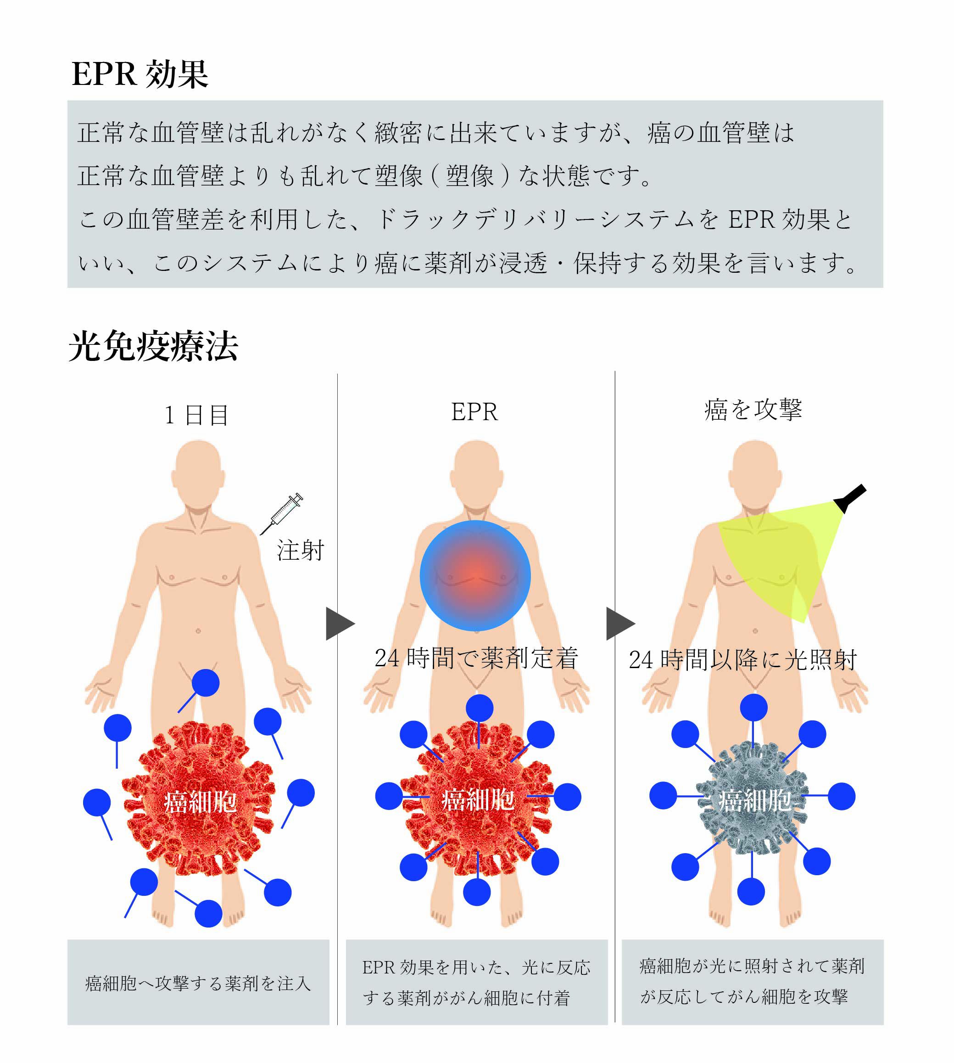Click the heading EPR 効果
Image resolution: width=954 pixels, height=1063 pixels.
click(x=139, y=74)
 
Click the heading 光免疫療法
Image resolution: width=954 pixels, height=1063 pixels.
click(x=153, y=347)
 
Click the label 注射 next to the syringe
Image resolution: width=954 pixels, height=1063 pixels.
click(x=301, y=551)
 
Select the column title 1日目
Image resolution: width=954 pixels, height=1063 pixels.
click(x=196, y=416)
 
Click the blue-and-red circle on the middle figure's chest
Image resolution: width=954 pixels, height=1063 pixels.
click(x=475, y=575)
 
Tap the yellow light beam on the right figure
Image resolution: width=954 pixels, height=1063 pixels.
click(x=781, y=556)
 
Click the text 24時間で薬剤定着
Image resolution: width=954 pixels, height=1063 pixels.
click(x=476, y=658)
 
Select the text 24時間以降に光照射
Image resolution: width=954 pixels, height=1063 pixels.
click(x=743, y=660)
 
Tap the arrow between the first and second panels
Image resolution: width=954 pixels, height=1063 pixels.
click(x=340, y=624)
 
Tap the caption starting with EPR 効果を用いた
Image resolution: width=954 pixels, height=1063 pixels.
click(x=476, y=982)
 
